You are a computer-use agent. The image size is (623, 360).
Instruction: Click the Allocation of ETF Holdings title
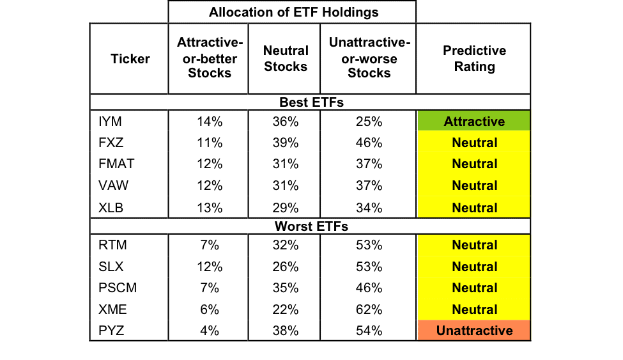tap(294, 12)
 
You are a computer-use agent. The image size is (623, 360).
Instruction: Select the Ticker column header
tap(130, 59)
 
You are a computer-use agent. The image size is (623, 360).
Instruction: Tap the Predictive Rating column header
tap(474, 58)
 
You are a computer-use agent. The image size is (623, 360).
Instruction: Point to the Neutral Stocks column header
tap(286, 58)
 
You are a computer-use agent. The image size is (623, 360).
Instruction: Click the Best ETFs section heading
tap(312, 102)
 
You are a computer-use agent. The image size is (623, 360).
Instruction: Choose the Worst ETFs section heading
tap(312, 226)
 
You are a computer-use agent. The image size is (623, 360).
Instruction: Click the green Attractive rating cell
tap(474, 121)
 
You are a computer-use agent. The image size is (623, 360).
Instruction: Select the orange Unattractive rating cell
tap(474, 330)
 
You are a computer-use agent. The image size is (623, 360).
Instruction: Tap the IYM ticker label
tap(110, 121)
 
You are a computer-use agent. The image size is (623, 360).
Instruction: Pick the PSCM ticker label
tap(118, 288)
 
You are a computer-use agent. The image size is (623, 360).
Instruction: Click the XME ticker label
tap(113, 309)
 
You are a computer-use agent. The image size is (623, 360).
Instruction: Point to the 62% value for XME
tap(369, 309)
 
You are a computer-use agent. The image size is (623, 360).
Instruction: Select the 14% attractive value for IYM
tap(210, 121)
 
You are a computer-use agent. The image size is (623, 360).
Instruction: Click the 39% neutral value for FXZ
tap(285, 143)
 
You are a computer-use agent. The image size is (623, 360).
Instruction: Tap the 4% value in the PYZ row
tap(210, 330)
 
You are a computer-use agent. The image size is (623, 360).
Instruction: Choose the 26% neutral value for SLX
tap(285, 267)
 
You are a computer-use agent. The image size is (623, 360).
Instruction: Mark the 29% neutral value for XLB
tap(285, 208)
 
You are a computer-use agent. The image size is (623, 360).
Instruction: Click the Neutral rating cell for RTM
tap(474, 245)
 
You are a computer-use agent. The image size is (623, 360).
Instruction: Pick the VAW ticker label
tap(113, 185)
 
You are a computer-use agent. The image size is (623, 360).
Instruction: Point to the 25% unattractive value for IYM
tap(369, 121)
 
